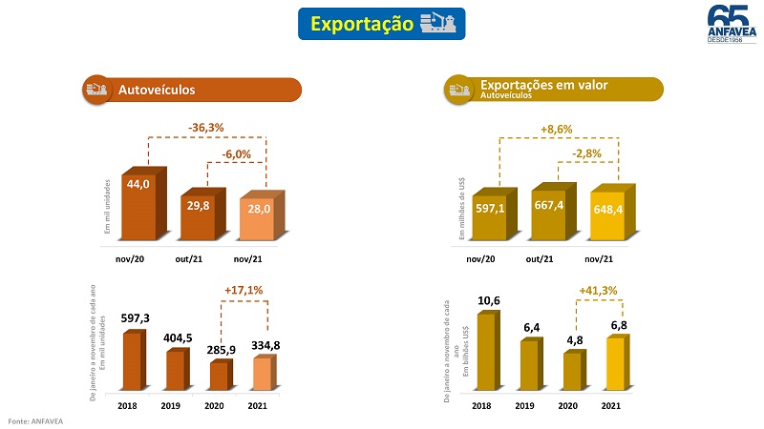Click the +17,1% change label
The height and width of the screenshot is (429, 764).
click(244, 290)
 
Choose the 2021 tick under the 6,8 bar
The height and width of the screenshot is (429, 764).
click(611, 405)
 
